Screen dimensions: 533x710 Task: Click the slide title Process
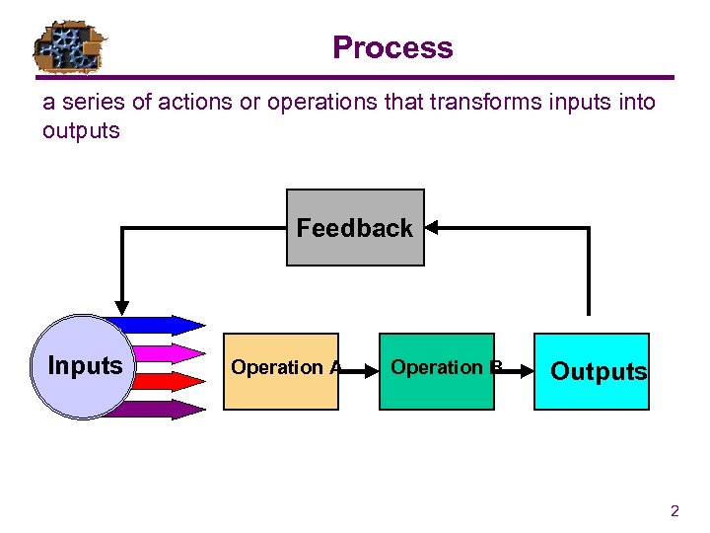392,47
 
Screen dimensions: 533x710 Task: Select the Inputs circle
85,366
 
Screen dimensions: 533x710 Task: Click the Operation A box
281,370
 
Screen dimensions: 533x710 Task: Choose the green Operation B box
437,370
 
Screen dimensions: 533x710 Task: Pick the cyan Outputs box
593,371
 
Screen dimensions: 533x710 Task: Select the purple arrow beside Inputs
163,409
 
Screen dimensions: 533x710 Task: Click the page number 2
674,511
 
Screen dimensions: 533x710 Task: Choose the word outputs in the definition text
81,130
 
